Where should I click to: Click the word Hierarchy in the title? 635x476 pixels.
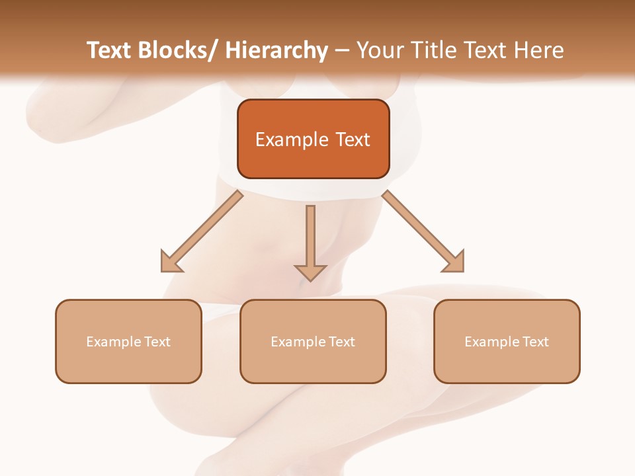(x=276, y=51)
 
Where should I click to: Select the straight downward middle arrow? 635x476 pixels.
(x=310, y=242)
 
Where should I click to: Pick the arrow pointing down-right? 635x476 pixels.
(x=423, y=232)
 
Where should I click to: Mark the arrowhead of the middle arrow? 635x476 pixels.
(x=310, y=272)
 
